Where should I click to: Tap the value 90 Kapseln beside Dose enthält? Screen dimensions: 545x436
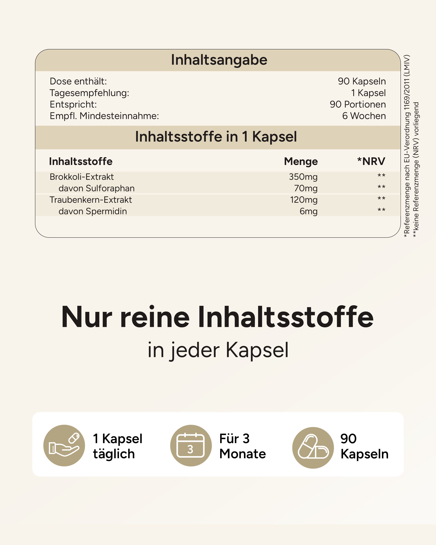(362, 81)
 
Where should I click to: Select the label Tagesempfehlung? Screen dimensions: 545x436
(89, 93)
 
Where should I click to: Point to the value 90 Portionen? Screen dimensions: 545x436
(358, 104)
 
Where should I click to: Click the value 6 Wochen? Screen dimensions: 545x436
(364, 116)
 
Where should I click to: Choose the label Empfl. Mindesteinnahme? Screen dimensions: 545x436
(104, 116)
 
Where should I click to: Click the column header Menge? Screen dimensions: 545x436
(301, 161)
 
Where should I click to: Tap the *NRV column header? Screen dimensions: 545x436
(371, 161)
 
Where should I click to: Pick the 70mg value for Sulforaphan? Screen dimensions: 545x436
(306, 188)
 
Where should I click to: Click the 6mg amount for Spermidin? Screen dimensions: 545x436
(308, 211)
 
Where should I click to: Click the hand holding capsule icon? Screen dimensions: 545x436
(64, 445)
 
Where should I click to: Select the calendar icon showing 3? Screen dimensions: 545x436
(191, 445)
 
